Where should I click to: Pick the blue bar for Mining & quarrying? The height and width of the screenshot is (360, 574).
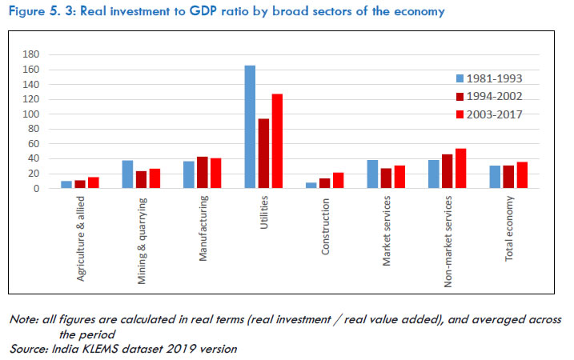[x=127, y=174]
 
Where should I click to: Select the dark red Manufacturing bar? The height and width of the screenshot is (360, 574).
[x=203, y=173]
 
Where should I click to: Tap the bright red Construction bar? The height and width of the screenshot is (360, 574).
[x=338, y=181]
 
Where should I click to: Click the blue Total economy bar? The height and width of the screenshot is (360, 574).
[x=496, y=178]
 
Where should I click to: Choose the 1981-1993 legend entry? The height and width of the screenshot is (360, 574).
[x=488, y=78]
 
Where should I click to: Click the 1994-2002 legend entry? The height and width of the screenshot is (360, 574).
[x=488, y=96]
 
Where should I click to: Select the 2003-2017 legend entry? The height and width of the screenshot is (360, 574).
[x=488, y=114]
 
